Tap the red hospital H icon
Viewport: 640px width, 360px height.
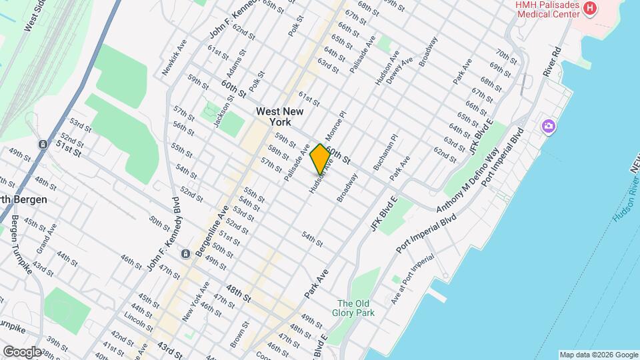coord(589,8)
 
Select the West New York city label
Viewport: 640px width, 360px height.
coord(280,117)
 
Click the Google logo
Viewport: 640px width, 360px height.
coord(22,351)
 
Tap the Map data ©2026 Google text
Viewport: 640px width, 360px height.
coord(598,354)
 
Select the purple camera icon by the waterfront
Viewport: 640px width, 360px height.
coord(549,126)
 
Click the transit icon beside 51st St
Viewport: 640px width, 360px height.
coord(43,144)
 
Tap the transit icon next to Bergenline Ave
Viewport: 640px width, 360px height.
coord(185,254)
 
